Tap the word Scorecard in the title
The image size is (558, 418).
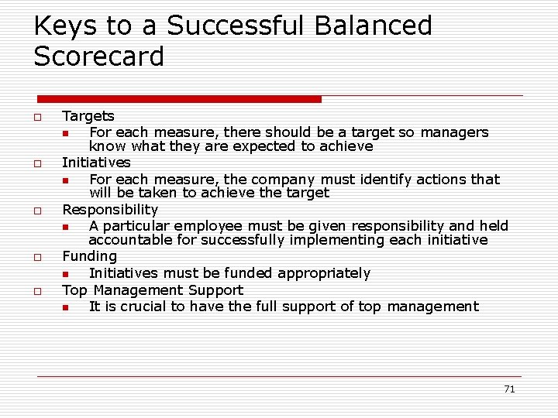(x=99, y=57)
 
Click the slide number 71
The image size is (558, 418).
(x=508, y=389)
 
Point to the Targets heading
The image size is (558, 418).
(x=88, y=116)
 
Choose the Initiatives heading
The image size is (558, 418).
(x=96, y=163)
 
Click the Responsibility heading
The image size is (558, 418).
(x=110, y=210)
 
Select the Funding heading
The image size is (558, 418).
(x=89, y=256)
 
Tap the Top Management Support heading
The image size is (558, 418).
(x=153, y=290)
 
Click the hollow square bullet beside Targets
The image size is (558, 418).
(x=36, y=117)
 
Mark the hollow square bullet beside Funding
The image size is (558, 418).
(x=36, y=257)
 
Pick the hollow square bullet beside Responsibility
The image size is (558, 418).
(x=36, y=211)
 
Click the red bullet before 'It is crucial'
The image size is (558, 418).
(x=67, y=307)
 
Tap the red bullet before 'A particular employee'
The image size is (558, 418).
(x=67, y=227)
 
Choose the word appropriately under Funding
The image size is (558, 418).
(x=323, y=273)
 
